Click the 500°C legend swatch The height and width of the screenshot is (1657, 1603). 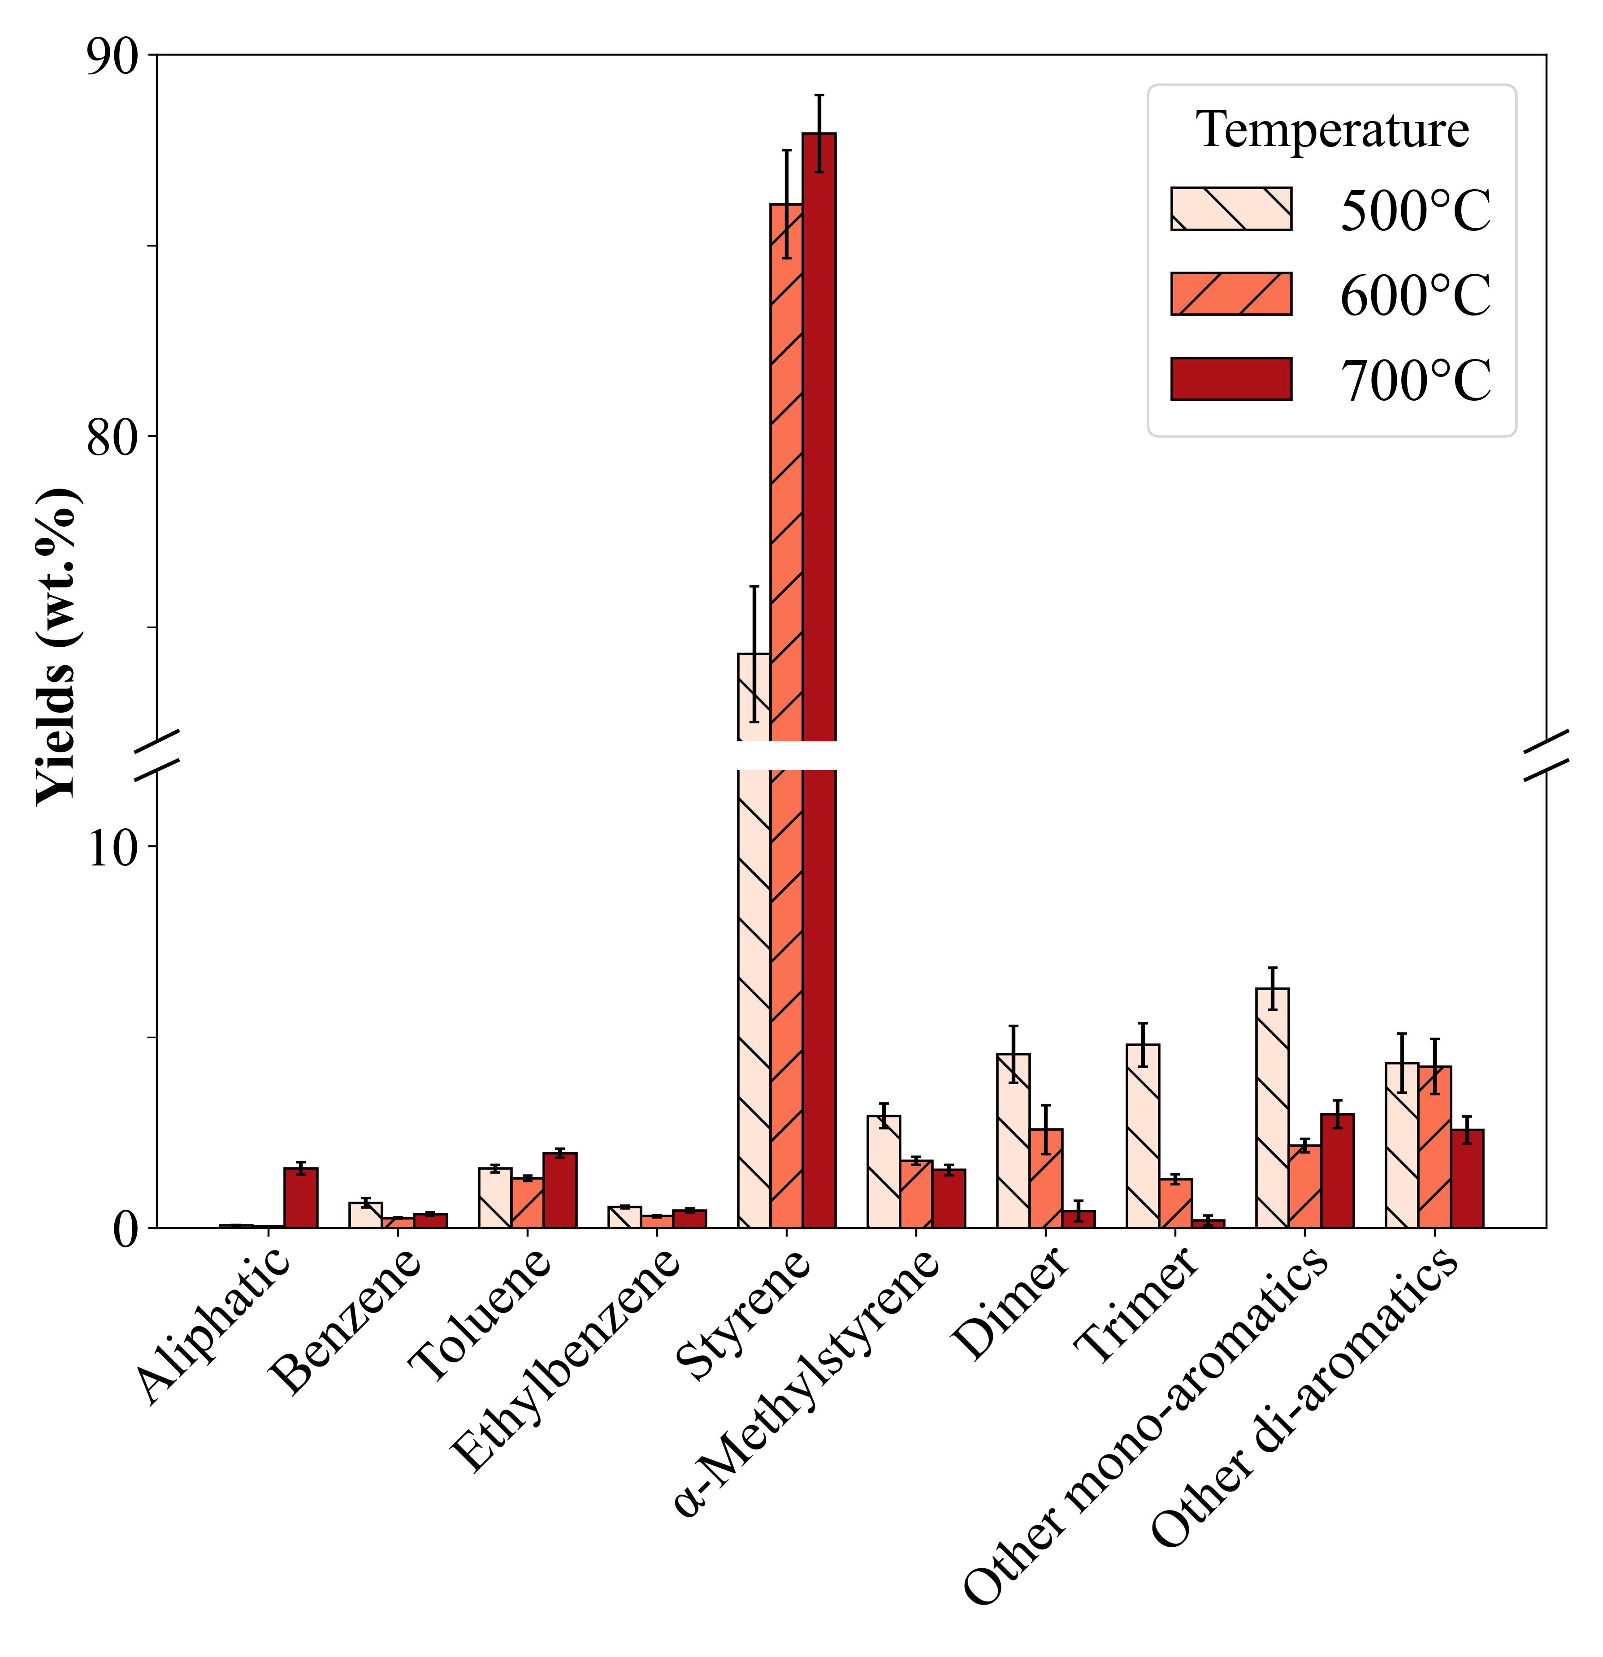coord(1231,209)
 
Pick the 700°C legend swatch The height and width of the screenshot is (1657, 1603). coord(1231,379)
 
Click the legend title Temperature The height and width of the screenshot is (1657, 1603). coord(1332,131)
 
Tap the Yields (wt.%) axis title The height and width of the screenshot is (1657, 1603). coord(59,647)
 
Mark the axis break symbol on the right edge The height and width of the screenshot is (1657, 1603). coord(1547,755)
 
